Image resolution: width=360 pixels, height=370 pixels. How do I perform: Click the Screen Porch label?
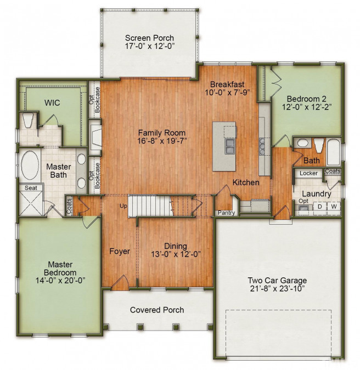click(x=149, y=38)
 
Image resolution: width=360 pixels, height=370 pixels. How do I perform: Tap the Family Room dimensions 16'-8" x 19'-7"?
click(x=162, y=141)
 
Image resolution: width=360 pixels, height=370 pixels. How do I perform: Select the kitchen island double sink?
click(x=229, y=146)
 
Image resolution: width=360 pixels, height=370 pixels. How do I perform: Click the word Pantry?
click(x=226, y=213)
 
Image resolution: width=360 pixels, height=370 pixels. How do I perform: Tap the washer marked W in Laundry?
click(x=334, y=207)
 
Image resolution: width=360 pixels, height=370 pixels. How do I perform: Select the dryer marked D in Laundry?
click(x=320, y=207)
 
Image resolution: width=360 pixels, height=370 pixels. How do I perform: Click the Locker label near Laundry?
click(x=308, y=173)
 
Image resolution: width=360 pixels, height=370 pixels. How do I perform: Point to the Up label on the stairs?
click(x=123, y=206)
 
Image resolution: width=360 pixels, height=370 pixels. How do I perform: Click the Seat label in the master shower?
click(x=31, y=187)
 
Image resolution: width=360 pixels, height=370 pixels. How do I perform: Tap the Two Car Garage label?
click(x=277, y=280)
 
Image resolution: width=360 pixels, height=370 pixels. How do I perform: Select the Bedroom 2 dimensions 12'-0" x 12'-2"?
click(x=307, y=107)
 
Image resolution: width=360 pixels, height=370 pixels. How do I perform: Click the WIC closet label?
click(x=52, y=103)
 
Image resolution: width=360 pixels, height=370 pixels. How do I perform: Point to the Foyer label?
click(x=120, y=251)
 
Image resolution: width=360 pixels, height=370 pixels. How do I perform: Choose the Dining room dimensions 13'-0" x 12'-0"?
click(x=176, y=254)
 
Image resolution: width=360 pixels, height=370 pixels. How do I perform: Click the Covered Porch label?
click(x=157, y=310)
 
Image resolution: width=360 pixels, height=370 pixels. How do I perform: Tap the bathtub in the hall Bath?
click(x=334, y=152)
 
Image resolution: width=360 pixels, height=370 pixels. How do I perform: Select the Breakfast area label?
click(x=227, y=84)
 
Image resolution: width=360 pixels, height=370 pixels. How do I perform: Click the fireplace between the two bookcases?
click(x=95, y=137)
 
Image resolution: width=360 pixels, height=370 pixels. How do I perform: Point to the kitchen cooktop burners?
click(x=262, y=146)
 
